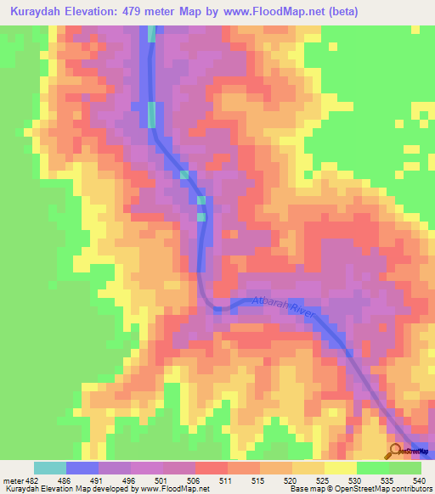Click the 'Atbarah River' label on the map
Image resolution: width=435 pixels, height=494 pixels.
pyautogui.click(x=283, y=308)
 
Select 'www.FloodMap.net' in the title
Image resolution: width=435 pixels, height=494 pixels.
pyautogui.click(x=275, y=12)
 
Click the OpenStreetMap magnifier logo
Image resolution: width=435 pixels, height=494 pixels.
pyautogui.click(x=396, y=451)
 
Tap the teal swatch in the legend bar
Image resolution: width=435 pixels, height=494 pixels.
pyautogui.click(x=50, y=468)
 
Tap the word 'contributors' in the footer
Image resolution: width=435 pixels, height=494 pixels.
pyautogui.click(x=411, y=490)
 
